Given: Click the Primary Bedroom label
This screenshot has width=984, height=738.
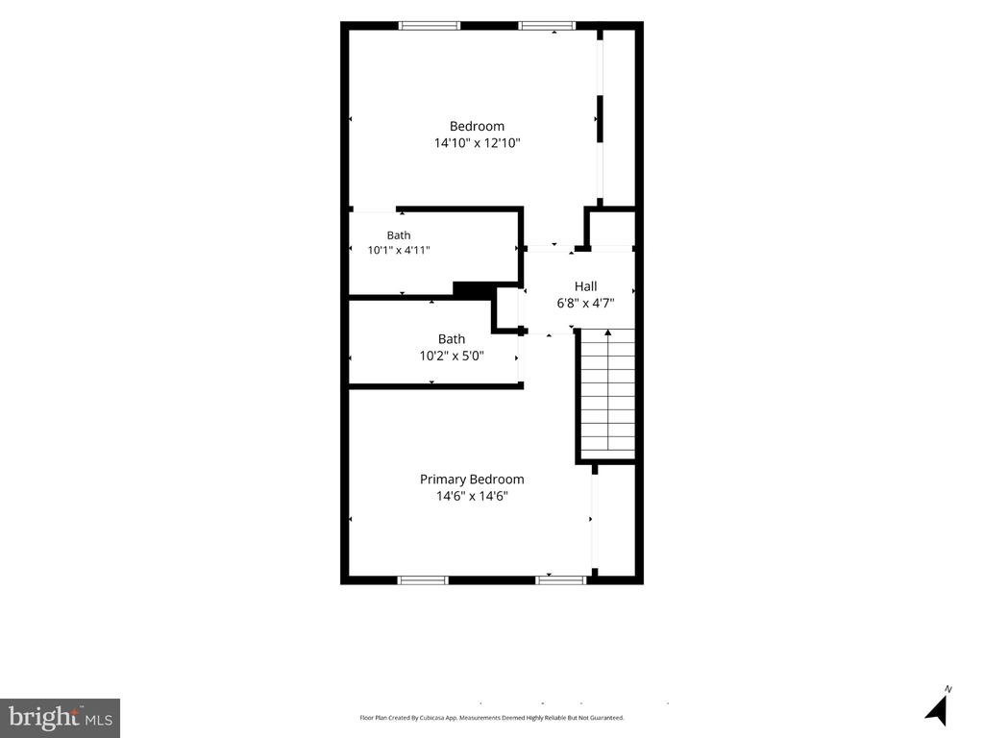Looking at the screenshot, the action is [x=472, y=480].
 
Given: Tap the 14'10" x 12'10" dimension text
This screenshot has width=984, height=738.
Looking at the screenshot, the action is [x=477, y=143].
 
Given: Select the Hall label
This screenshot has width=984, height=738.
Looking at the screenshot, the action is [x=585, y=286].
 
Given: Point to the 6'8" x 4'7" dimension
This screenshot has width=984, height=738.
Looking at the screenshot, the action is [x=585, y=304].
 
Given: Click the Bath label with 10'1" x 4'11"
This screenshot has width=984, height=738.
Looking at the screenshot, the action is [x=399, y=235].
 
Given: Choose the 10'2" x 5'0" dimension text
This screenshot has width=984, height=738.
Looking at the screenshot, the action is [x=452, y=357].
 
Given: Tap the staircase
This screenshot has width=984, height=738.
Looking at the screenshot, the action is [x=607, y=395].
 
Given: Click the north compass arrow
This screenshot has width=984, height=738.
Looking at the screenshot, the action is [x=937, y=711].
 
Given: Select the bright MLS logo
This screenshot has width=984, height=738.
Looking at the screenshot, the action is [x=60, y=718].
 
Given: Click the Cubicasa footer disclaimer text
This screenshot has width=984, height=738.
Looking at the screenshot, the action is [x=491, y=717].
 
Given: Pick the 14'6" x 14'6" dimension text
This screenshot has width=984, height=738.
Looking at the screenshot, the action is [x=472, y=497].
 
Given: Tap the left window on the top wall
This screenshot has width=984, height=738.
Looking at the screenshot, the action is [x=430, y=26].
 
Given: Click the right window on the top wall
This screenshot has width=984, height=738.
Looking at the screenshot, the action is [x=547, y=26].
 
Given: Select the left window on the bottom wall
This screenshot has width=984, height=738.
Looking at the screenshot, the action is [x=424, y=580].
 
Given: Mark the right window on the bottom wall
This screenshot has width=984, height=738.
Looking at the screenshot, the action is [x=561, y=580].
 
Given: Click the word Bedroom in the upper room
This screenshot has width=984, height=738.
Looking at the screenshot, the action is [x=477, y=126].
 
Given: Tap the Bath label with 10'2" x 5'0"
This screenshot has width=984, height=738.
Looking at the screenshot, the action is [x=452, y=339].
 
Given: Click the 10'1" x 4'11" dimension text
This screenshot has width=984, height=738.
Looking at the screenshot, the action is [x=399, y=251].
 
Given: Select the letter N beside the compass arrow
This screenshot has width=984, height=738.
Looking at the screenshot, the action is [x=948, y=689].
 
